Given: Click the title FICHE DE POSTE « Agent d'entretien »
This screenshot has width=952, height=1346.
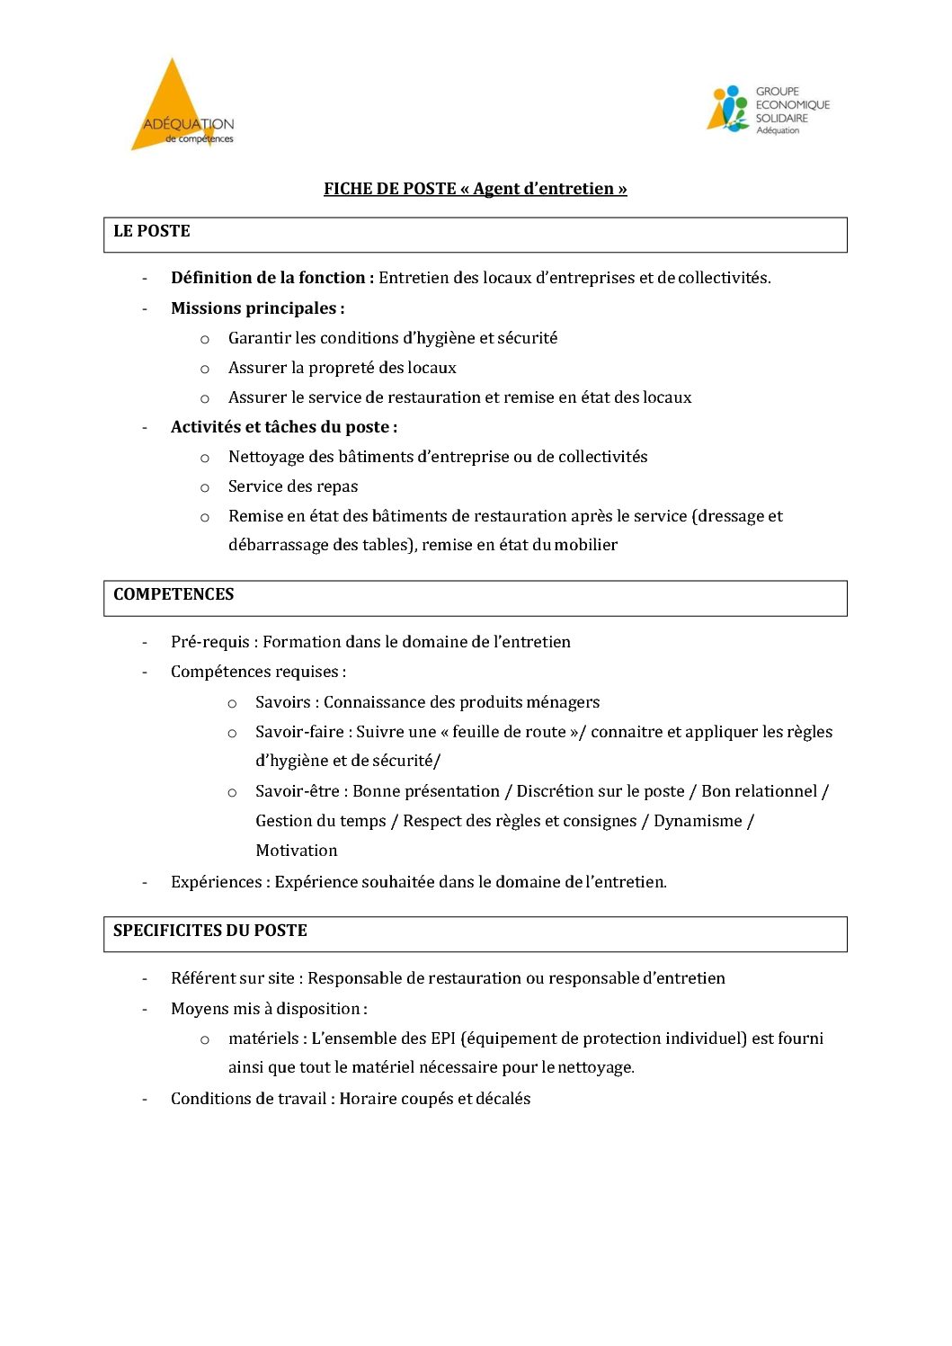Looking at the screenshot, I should click(x=475, y=189).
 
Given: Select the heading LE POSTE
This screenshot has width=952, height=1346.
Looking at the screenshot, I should click(x=152, y=231).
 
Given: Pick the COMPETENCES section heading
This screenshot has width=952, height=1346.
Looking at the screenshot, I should click(x=173, y=594).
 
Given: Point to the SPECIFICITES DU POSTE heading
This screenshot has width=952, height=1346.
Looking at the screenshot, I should click(x=210, y=931).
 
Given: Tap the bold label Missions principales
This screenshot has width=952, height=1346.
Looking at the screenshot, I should click(x=257, y=308).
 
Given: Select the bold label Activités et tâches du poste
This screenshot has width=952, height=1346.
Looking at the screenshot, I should click(x=283, y=427).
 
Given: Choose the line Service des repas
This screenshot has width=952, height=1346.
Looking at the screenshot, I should click(x=293, y=486).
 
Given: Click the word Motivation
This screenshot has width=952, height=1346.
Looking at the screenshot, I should click(x=297, y=851).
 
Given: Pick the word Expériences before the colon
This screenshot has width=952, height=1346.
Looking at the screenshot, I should click(x=216, y=882).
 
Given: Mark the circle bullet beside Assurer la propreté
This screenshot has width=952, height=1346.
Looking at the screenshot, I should click(x=205, y=369).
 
